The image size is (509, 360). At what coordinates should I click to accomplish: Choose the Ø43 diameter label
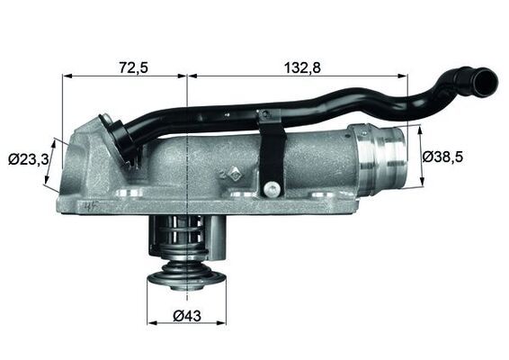pyautogui.click(x=186, y=316)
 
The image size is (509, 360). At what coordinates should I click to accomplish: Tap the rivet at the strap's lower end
pyautogui.click(x=269, y=188)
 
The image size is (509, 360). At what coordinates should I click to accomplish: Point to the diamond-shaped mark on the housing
pyautogui.click(x=233, y=173)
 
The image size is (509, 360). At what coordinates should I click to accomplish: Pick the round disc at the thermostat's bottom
pyautogui.click(x=185, y=275)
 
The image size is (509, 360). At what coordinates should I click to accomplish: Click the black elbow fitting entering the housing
pyautogui.click(x=121, y=135)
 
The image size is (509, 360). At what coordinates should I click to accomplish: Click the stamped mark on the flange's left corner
pyautogui.click(x=86, y=206)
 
